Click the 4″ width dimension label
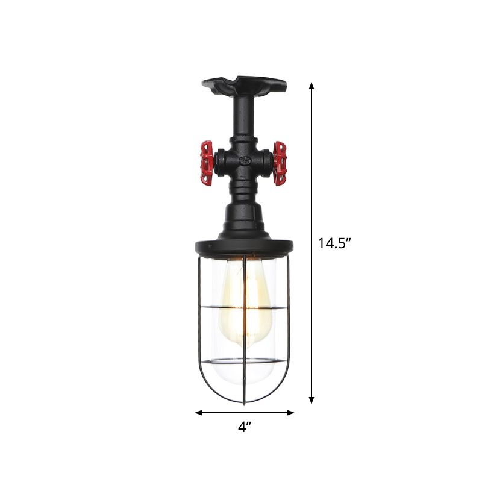244,428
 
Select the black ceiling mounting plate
244,86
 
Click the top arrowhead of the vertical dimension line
311,87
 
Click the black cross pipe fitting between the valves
244,161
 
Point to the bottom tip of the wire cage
244,402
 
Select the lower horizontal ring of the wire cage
244,362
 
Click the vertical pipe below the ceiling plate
244,120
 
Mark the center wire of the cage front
244,337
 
